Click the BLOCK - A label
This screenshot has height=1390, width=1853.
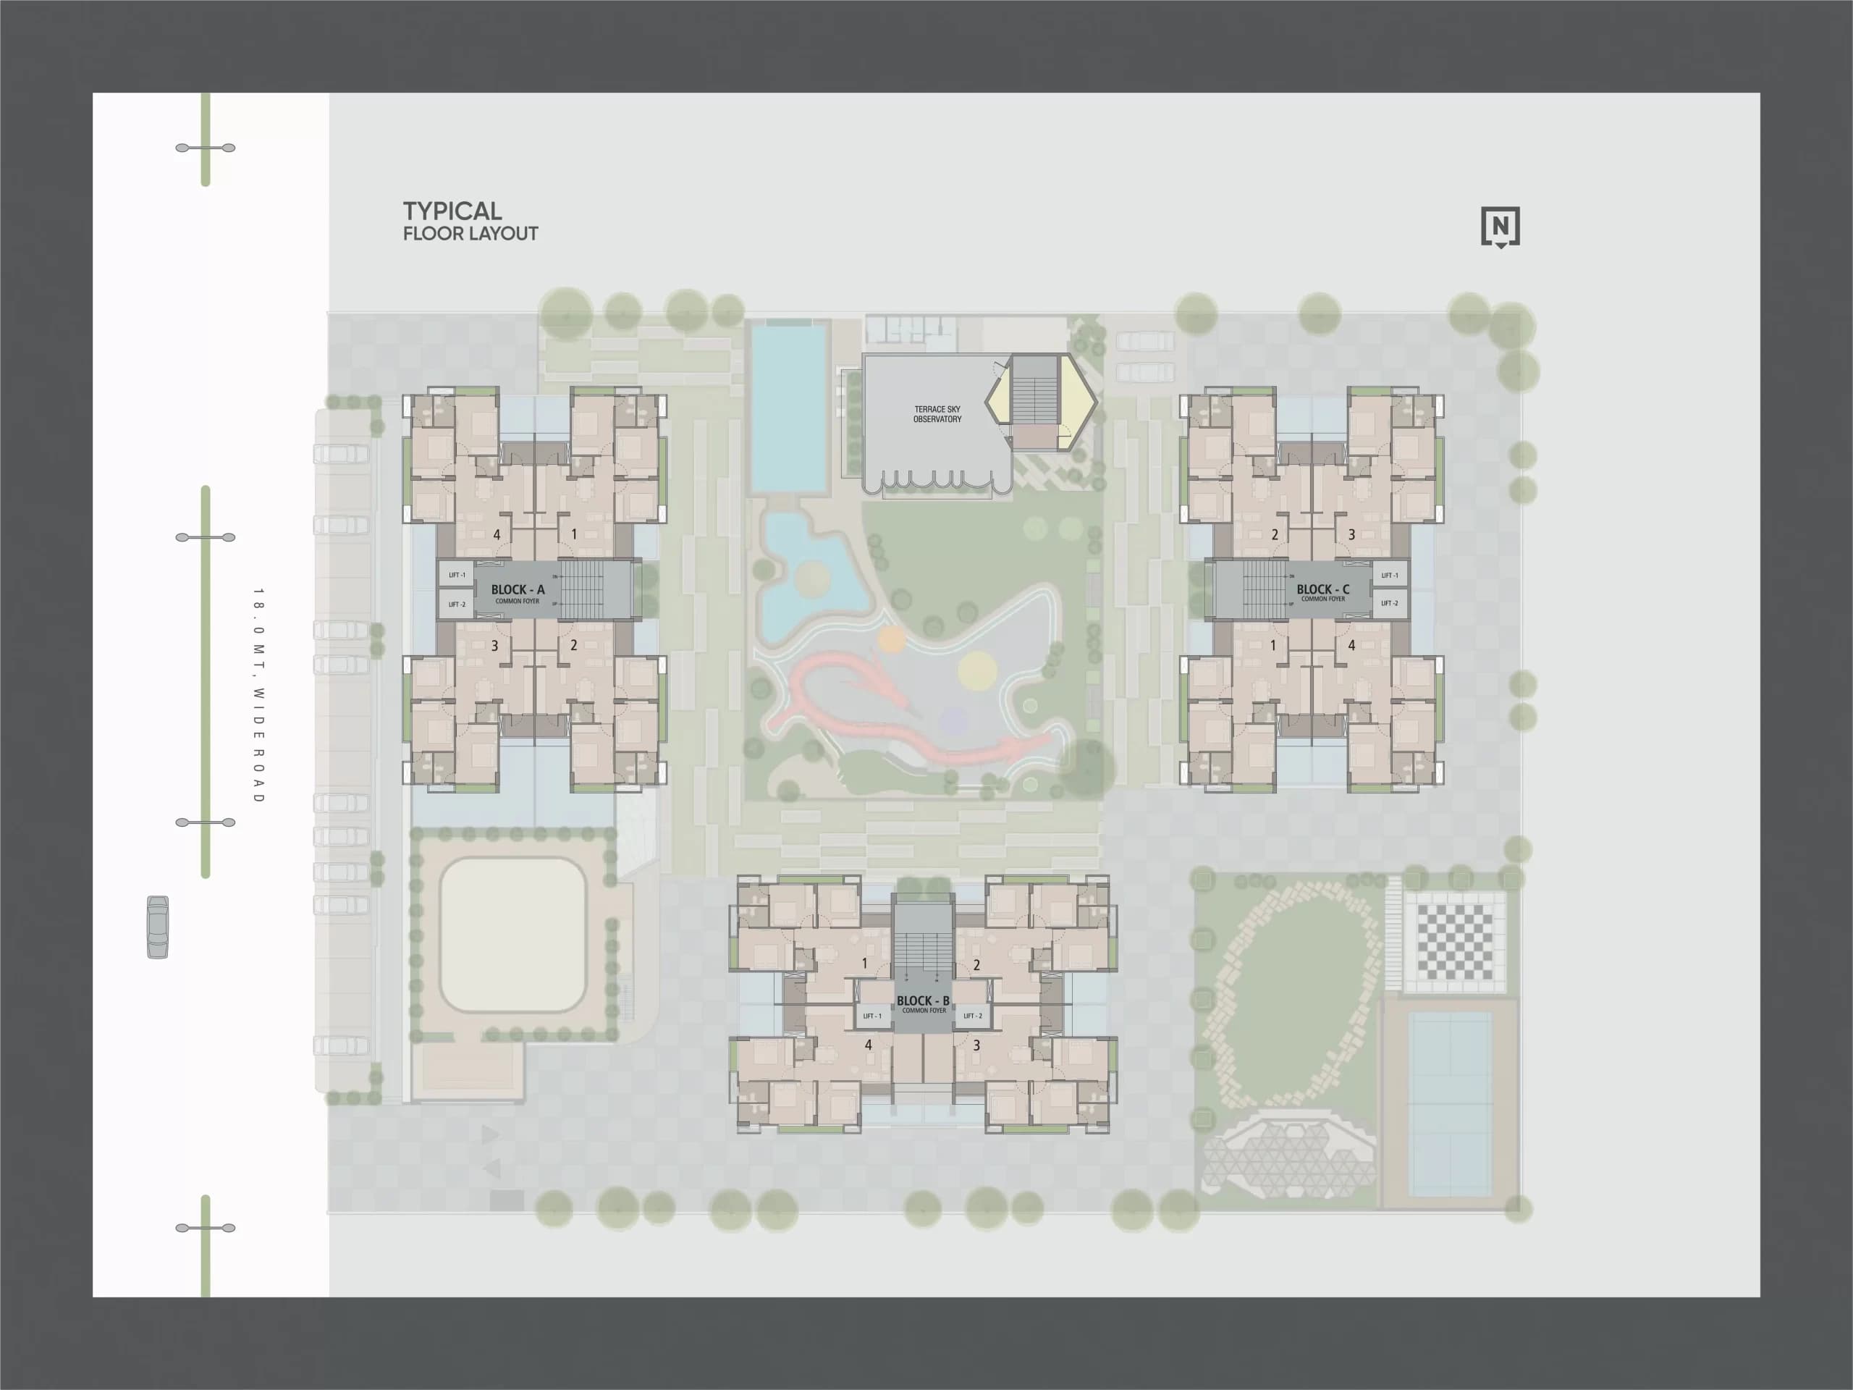(x=518, y=590)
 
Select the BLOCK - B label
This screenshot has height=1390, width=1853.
(x=923, y=1001)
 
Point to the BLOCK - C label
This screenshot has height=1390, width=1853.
(x=1322, y=589)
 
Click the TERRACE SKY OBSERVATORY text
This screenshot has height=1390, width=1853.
(x=937, y=414)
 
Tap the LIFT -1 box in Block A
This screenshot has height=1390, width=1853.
(x=457, y=575)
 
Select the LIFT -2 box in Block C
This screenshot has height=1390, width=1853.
(x=1389, y=603)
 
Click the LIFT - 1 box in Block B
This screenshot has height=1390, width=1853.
(x=872, y=1016)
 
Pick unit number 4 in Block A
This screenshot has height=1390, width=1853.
(x=497, y=534)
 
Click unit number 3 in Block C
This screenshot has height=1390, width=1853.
(x=1351, y=534)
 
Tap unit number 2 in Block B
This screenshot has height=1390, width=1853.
(x=976, y=965)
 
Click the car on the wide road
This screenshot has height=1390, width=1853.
(x=158, y=927)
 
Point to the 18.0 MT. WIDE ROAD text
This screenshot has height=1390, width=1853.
(x=259, y=696)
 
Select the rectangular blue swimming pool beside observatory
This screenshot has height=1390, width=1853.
(x=787, y=408)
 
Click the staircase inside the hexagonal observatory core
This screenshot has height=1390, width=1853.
(x=1037, y=399)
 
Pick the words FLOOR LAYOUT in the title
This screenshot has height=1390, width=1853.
(x=470, y=234)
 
